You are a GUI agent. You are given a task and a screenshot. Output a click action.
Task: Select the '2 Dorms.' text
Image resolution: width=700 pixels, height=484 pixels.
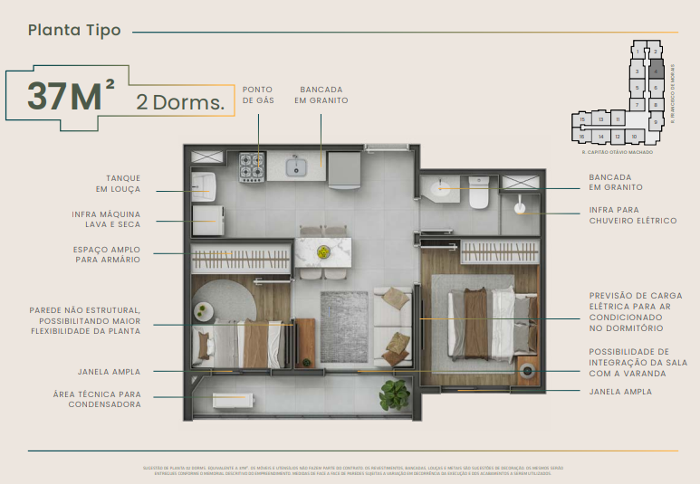(x=180, y=101)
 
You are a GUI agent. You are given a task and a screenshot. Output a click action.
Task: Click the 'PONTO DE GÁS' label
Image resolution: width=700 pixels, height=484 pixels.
(x=258, y=95)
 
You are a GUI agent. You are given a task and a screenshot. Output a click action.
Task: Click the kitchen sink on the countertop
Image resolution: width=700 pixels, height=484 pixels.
(x=296, y=166)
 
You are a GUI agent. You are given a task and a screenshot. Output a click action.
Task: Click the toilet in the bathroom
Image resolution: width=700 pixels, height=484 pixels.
(x=477, y=192)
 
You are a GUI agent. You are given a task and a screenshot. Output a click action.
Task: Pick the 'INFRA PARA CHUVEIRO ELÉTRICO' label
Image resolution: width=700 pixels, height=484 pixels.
(x=632, y=215)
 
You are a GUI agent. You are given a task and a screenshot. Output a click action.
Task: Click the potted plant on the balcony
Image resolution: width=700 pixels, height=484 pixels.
(x=395, y=394)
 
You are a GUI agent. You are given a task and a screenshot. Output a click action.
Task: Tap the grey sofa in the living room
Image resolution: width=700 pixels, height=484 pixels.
(x=394, y=325)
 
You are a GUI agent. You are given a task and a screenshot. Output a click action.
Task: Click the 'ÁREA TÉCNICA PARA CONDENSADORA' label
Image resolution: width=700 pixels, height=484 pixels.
(x=104, y=399)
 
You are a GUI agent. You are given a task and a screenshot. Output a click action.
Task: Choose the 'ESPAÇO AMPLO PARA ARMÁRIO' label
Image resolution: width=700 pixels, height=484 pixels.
(x=107, y=254)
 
